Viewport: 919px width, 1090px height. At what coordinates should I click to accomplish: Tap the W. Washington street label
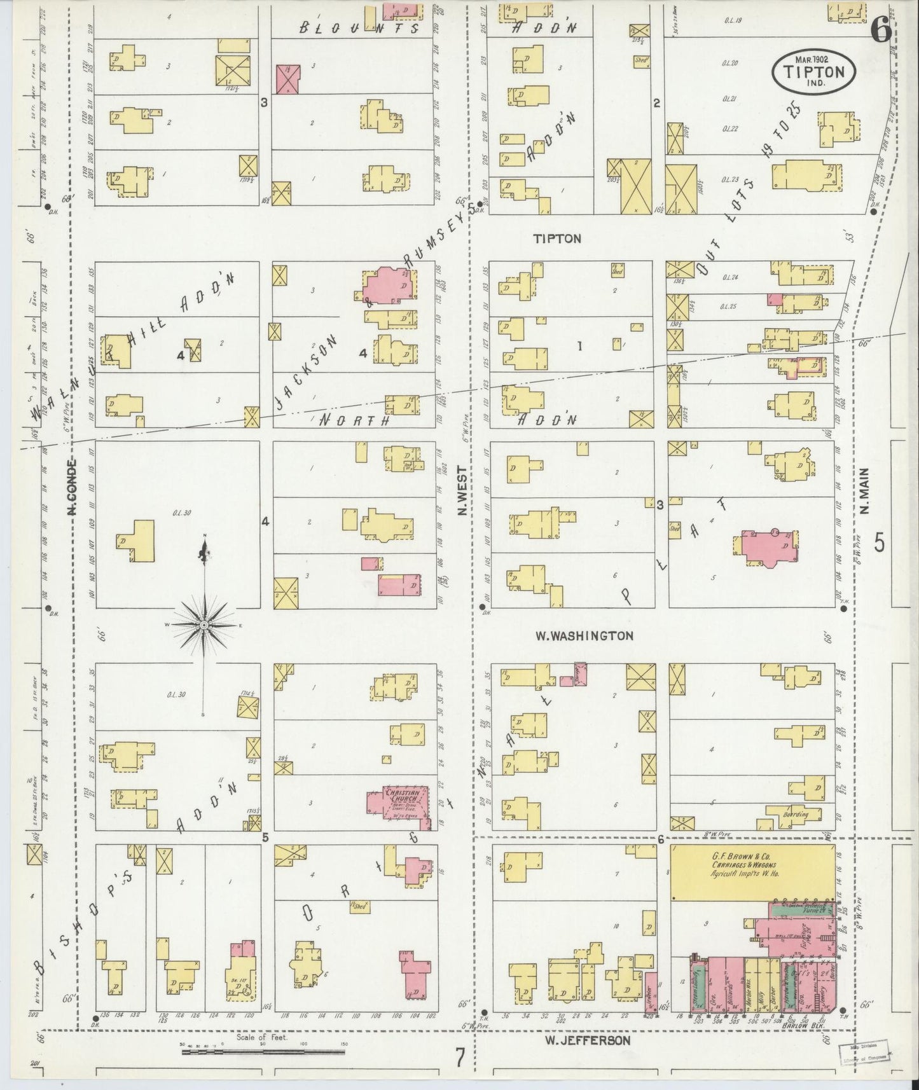coord(584,635)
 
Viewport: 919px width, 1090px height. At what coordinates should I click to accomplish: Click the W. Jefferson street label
coord(588,1040)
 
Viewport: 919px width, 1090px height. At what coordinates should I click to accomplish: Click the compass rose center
coord(204,626)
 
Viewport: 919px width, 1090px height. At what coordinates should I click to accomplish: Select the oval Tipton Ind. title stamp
coord(815,71)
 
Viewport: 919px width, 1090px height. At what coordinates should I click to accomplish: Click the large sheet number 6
coord(881,31)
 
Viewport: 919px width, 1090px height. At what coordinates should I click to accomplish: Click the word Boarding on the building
coord(796,814)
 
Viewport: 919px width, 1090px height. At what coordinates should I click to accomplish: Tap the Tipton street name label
coord(557,238)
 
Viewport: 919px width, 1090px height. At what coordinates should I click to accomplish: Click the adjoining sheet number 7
coord(460,1057)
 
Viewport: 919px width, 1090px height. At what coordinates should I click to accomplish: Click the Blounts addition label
coord(359,28)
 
